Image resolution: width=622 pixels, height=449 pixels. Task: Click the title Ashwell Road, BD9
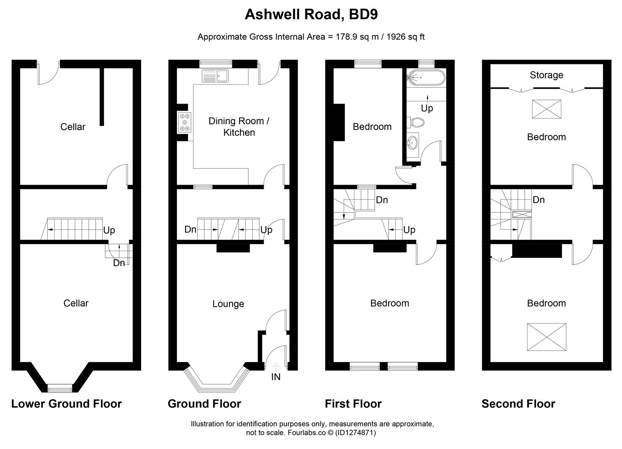coord(311,15)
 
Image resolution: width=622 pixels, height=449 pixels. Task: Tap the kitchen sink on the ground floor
coord(215,76)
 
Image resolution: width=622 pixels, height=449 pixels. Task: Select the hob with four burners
coord(184,123)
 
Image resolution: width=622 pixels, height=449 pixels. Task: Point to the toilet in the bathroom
coord(416,122)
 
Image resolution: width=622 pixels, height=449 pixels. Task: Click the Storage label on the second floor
coord(546,75)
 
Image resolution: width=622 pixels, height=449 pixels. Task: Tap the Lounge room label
coord(228,304)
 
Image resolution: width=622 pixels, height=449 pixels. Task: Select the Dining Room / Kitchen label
coord(239,127)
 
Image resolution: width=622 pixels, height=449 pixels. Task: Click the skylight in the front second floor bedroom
coord(547,337)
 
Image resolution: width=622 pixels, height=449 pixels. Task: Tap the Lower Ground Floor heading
coord(66,404)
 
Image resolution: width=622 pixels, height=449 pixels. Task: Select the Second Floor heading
coord(518,404)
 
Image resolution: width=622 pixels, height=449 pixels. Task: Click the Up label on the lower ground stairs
coord(109,230)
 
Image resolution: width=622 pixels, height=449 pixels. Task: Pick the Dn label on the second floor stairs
coord(538,200)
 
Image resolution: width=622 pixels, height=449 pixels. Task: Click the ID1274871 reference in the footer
coord(355,433)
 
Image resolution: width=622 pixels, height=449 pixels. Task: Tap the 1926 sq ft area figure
coord(406,37)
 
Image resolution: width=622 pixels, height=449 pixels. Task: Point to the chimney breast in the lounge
coord(233,248)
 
